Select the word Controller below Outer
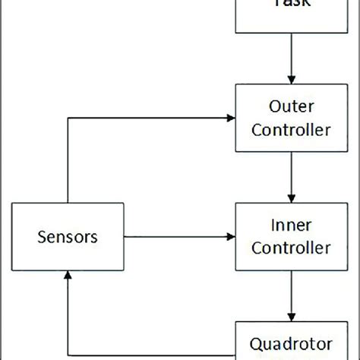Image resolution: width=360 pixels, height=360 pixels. click(292, 129)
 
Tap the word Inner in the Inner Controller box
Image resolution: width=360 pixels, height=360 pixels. click(292, 226)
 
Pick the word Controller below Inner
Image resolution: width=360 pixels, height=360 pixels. click(292, 248)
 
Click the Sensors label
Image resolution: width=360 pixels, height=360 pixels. click(68, 237)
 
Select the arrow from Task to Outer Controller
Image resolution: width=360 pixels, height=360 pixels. click(292, 57)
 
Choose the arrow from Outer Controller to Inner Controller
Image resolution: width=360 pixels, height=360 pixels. click(292, 176)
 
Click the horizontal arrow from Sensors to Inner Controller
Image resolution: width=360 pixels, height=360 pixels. click(178, 237)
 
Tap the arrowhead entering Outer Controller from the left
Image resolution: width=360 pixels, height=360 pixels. click(230, 118)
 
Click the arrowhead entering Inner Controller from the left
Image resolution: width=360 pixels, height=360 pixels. click(230, 237)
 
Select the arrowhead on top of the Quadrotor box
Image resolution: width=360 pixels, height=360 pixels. click(292, 317)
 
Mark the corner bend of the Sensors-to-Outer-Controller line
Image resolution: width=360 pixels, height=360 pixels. click(68, 118)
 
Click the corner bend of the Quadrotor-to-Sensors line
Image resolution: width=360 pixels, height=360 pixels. click(68, 354)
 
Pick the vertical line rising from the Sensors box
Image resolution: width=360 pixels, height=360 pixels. click(68, 159)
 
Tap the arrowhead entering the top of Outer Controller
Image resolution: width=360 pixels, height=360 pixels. click(292, 79)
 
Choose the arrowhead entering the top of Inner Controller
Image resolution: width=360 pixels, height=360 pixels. click(292, 197)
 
